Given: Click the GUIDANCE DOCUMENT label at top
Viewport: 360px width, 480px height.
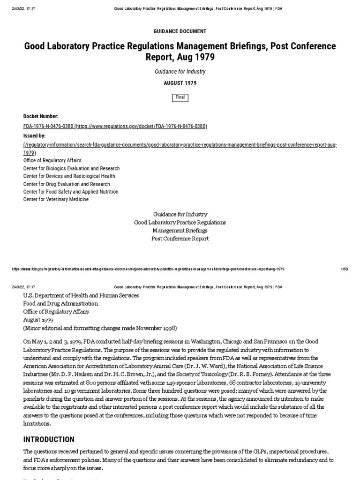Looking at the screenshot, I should pos(180,31).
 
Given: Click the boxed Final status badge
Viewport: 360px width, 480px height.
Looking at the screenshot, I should pos(180,97).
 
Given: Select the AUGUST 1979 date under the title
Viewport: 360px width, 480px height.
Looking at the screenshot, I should pos(180,83).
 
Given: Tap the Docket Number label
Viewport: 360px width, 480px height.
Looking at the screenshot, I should pos(41,116).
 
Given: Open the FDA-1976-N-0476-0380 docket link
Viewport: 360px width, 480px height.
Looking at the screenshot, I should pos(115,127).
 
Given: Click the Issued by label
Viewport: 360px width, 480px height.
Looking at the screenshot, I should pos(34,135).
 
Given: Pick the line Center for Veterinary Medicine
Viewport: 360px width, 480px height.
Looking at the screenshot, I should pos(56,200).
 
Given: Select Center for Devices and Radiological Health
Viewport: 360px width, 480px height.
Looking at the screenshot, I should pos(69,176).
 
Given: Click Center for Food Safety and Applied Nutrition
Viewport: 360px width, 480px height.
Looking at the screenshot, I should pos(71,192).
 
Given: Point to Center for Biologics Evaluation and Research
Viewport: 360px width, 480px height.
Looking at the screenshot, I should pos(71,168).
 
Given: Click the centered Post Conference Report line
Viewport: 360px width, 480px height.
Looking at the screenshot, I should pos(180,239).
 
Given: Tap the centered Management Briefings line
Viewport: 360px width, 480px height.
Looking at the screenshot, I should pos(180,231).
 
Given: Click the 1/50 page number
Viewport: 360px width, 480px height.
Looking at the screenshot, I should pos(344,270).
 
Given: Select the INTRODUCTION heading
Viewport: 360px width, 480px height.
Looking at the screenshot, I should pos(49,440).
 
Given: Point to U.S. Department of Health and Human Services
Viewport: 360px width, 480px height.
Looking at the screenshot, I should pos(81,296).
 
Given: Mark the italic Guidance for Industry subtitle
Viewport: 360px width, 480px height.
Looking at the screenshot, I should pos(180,72).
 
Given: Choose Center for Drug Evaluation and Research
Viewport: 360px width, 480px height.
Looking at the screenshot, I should pos(67,184).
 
